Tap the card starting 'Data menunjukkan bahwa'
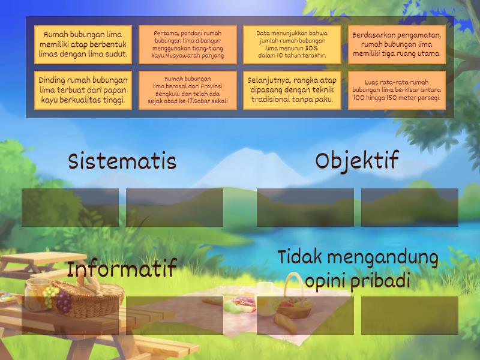[x=292, y=44]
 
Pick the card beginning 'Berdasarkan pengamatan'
[x=397, y=44]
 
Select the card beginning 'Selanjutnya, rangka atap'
[x=292, y=91]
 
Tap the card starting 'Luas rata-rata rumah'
[x=397, y=91]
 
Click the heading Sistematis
[x=122, y=161]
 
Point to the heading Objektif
[x=357, y=161]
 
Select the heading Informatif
[x=122, y=269]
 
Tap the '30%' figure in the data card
[x=311, y=48]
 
